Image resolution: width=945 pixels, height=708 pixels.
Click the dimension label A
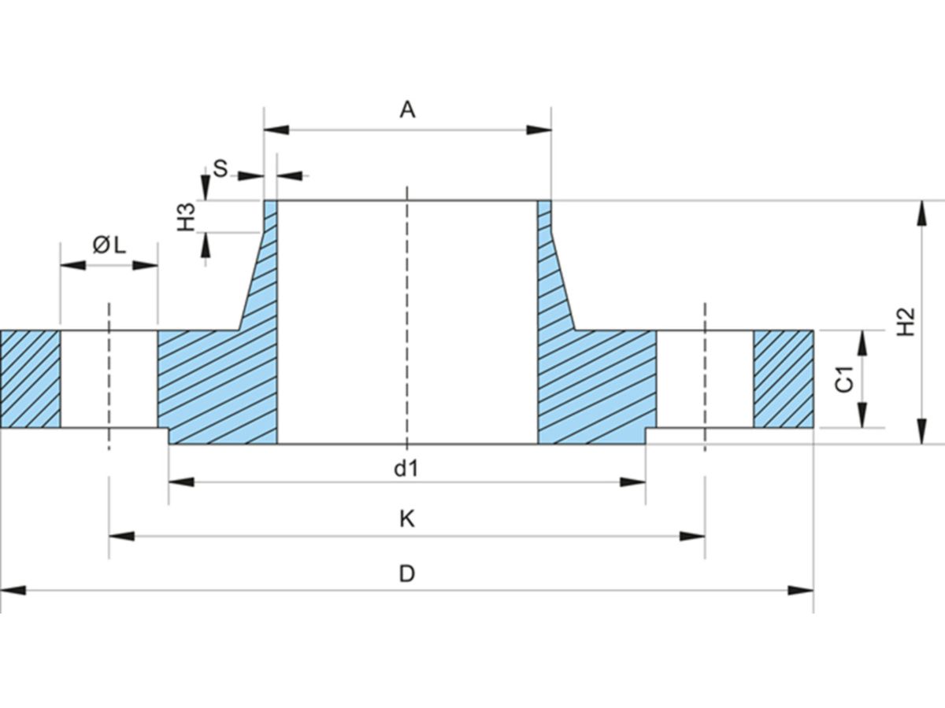click(x=406, y=109)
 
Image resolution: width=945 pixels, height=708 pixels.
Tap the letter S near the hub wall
click(x=220, y=168)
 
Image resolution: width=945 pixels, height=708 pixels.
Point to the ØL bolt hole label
click(x=109, y=245)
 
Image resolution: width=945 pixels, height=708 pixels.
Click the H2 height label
click(x=906, y=322)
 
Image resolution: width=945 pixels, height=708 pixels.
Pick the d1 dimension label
click(x=406, y=469)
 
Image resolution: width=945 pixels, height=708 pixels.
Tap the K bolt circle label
click(x=406, y=519)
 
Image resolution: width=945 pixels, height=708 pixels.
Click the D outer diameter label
click(x=406, y=573)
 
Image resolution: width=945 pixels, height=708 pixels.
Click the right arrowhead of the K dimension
click(x=692, y=537)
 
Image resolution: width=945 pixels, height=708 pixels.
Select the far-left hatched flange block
click(x=30, y=379)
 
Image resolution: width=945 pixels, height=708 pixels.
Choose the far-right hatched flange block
click(x=783, y=379)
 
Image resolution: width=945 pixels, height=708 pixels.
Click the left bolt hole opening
click(x=109, y=379)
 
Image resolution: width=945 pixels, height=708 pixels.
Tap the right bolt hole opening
click(x=705, y=379)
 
